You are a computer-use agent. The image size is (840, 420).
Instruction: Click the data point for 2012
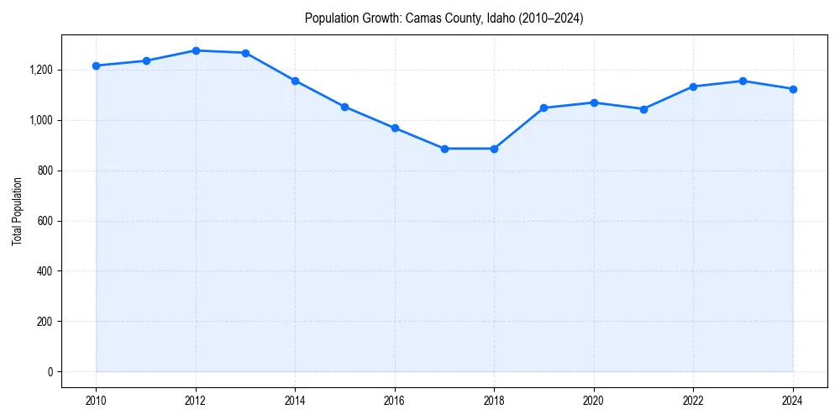pyautogui.click(x=196, y=50)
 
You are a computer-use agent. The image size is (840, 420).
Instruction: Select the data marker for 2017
pyautogui.click(x=444, y=149)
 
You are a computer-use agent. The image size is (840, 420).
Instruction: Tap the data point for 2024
pyautogui.click(x=793, y=89)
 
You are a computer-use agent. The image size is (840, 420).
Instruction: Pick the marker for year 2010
pyautogui.click(x=96, y=66)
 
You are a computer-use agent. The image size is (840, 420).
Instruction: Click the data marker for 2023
pyautogui.click(x=743, y=81)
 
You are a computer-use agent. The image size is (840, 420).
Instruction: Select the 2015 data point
pyautogui.click(x=345, y=107)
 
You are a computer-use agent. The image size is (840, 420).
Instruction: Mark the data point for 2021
pyautogui.click(x=643, y=109)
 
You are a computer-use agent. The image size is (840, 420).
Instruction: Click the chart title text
pyautogui.click(x=444, y=18)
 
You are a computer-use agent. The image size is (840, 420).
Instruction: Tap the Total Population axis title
pyautogui.click(x=17, y=211)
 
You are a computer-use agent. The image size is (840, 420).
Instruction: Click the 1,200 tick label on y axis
pyautogui.click(x=40, y=70)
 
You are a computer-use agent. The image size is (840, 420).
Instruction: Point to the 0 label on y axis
pyautogui.click(x=50, y=372)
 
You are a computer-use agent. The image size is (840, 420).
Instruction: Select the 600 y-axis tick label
pyautogui.click(x=44, y=221)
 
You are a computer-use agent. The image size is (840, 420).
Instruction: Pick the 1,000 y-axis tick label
pyautogui.click(x=40, y=120)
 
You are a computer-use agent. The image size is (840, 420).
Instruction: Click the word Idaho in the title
pyautogui.click(x=499, y=18)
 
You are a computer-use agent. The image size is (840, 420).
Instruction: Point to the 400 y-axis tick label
pyautogui.click(x=44, y=271)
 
